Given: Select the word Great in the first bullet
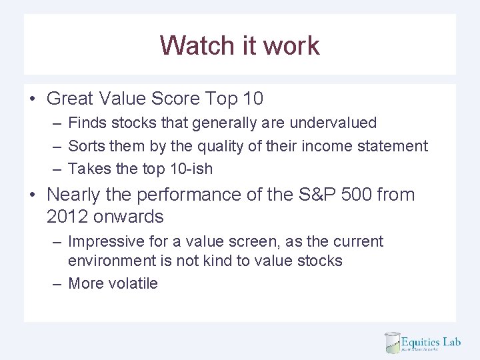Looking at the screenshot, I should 70,99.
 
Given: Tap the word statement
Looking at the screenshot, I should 393,145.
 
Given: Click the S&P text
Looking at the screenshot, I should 317,195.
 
